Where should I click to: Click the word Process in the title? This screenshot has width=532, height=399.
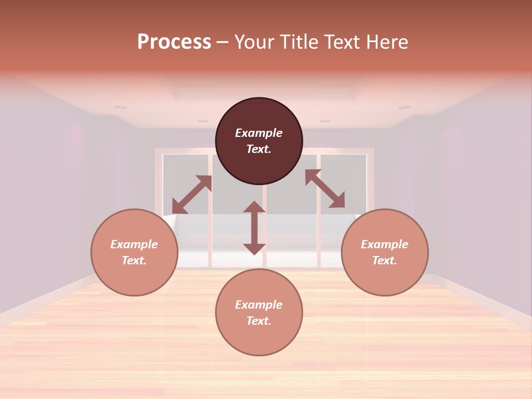(174, 42)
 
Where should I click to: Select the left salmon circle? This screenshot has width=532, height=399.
(134, 272)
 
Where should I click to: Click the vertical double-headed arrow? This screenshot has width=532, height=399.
(254, 228)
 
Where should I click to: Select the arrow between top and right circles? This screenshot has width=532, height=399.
(325, 188)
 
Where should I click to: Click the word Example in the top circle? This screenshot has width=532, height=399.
(259, 133)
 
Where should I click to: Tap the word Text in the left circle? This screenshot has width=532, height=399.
(134, 260)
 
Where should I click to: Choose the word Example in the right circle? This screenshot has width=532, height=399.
(385, 244)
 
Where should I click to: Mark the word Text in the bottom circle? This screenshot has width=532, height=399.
(259, 321)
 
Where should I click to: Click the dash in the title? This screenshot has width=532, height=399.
(222, 42)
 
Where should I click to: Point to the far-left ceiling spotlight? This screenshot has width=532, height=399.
(121, 108)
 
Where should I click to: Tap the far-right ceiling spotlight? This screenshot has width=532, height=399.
(403, 107)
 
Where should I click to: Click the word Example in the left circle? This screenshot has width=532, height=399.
(134, 244)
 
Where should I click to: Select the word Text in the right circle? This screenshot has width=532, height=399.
(385, 260)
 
